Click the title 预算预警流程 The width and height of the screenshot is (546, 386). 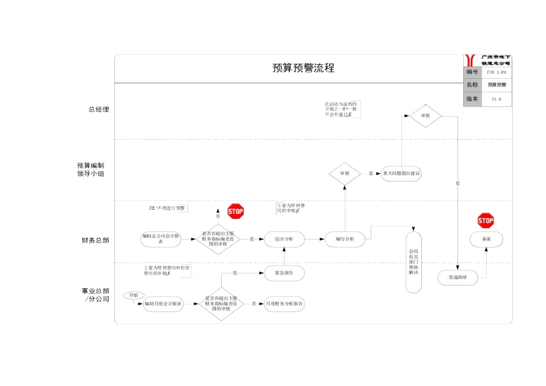click(x=303, y=68)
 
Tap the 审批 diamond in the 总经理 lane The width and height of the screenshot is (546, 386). click(x=425, y=115)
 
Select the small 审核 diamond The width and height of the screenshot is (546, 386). click(x=344, y=173)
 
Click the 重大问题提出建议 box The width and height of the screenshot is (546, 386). click(x=401, y=173)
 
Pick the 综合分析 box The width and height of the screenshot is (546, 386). click(x=284, y=239)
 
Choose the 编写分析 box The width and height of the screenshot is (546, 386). click(x=344, y=239)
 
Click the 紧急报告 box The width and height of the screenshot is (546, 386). click(x=284, y=273)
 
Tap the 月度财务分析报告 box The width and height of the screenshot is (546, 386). click(x=284, y=303)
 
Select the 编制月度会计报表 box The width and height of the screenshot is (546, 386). click(x=163, y=303)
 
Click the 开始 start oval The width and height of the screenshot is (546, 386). click(x=133, y=295)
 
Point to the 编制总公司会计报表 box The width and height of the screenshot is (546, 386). click(x=161, y=239)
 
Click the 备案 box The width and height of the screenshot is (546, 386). click(x=486, y=239)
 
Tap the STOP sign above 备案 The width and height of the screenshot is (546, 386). click(x=486, y=221)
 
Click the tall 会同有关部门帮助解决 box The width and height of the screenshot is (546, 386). click(x=414, y=261)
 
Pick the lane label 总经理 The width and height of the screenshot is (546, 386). click(x=98, y=109)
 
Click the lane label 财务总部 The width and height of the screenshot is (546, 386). click(x=95, y=240)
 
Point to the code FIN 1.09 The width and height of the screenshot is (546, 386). click(x=496, y=72)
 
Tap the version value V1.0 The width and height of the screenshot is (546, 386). click(x=496, y=99)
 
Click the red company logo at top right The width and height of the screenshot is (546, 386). click(x=471, y=60)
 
